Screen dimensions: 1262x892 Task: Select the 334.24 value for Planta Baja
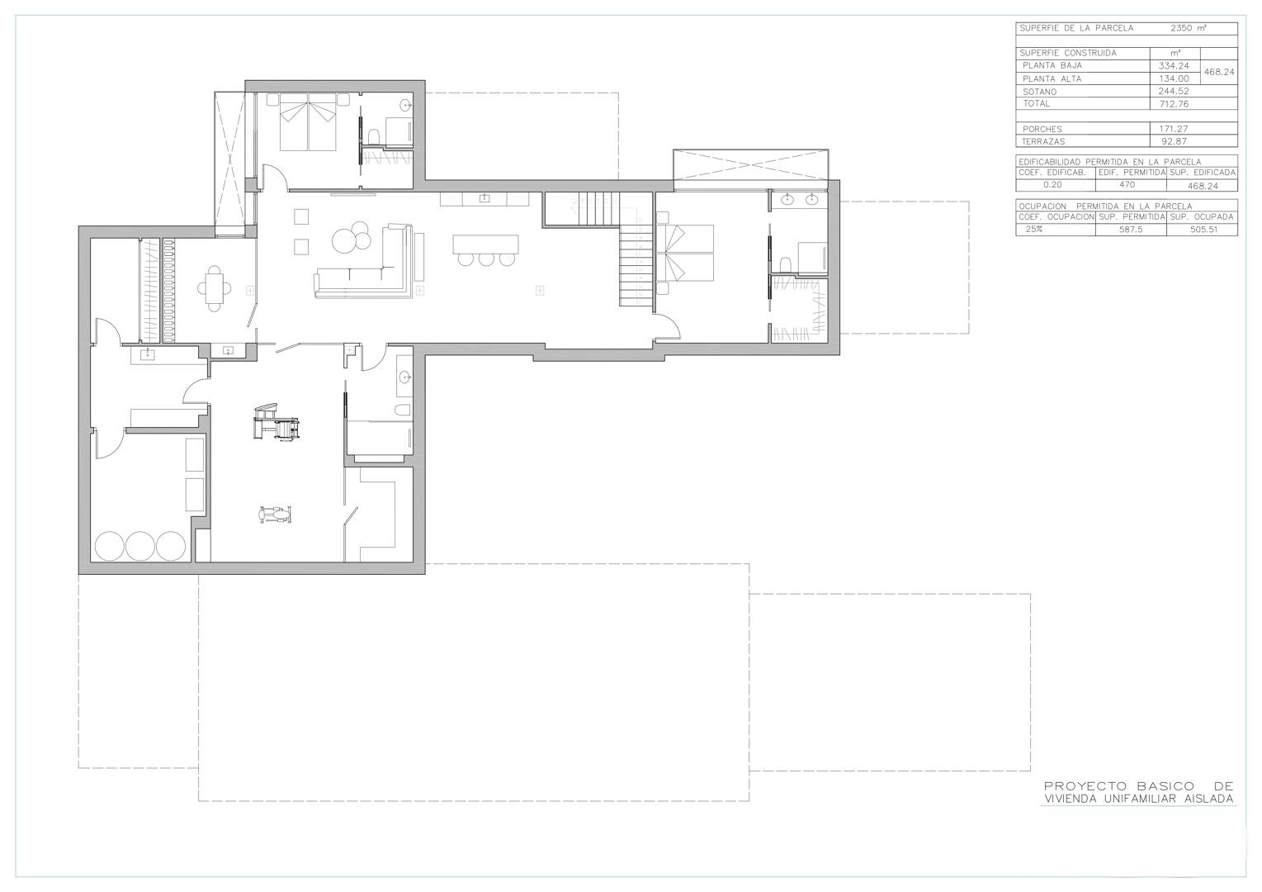1175,65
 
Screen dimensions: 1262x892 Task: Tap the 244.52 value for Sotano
1175,92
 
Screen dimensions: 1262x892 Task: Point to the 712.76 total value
1175,104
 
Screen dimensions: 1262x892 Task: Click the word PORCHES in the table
1042,129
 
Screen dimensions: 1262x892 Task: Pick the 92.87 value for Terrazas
1175,141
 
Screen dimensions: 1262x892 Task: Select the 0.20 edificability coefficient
1052,185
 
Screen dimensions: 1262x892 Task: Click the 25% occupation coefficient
1034,229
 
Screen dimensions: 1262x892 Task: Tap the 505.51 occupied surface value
1204,230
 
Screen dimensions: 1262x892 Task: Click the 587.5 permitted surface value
1131,230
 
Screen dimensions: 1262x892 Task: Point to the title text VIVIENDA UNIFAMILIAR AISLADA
1139,799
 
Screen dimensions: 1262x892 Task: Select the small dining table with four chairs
214,288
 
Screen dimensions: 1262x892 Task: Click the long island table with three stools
485,249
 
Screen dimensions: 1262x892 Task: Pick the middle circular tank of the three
139,546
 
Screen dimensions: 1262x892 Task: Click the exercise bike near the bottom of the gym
275,514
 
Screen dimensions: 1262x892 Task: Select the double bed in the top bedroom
308,121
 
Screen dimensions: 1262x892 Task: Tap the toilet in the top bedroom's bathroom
373,136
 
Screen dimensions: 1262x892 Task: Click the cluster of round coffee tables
351,237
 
